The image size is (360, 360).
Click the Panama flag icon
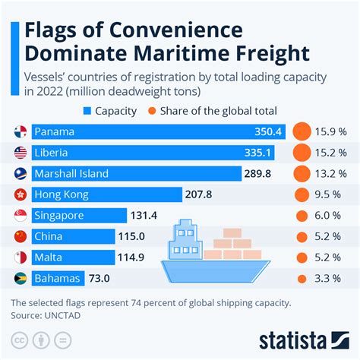pos(21,131)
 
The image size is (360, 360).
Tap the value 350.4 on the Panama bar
pos(268,131)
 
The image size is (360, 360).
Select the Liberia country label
pos(56,153)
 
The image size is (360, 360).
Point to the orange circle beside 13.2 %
pos(302,174)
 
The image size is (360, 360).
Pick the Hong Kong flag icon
pos(21,195)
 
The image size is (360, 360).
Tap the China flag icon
pos(21,237)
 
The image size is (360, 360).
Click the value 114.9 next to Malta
pos(131,257)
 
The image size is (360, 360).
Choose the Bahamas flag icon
pos(21,279)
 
